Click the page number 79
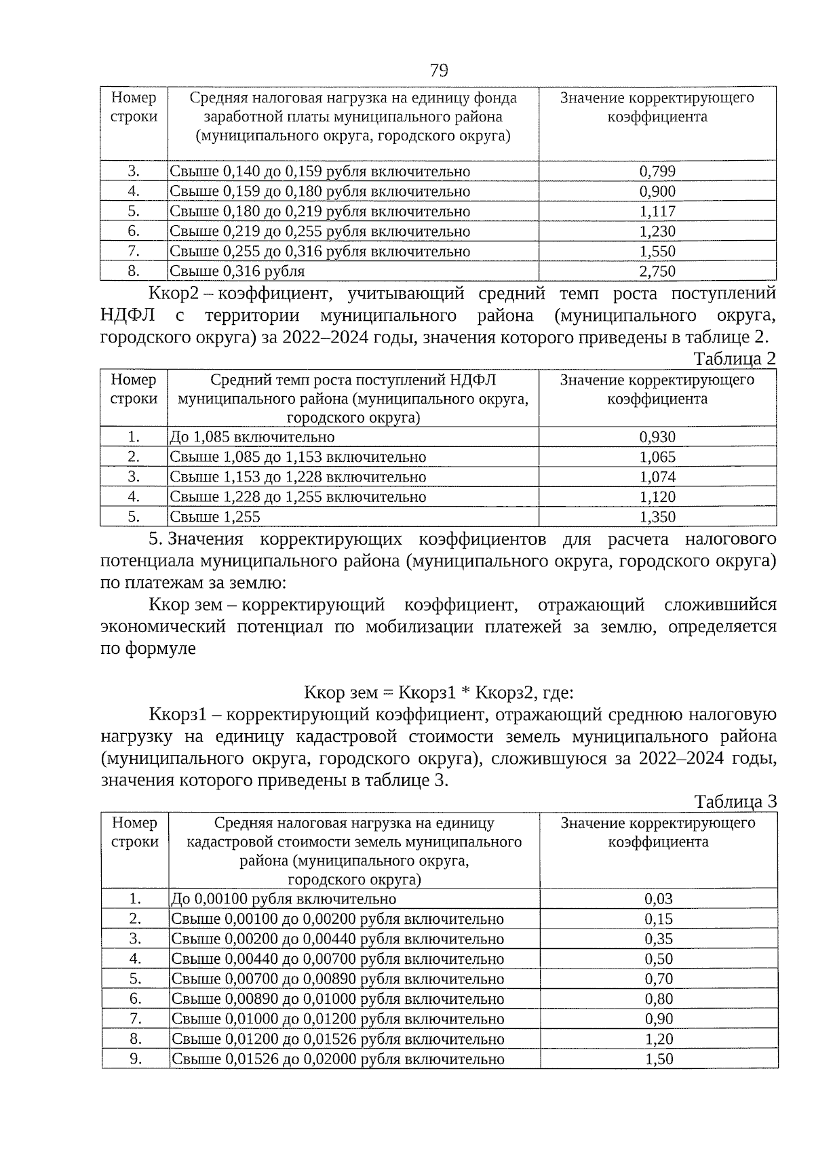point(439,70)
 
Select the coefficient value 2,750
point(657,271)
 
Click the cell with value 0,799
point(657,172)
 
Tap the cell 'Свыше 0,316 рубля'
point(237,271)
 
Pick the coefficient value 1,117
point(657,212)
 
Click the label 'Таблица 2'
point(734,358)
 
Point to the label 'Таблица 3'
point(735,802)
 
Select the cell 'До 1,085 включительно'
point(252,437)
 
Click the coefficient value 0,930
point(657,437)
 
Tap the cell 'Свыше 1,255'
point(214,518)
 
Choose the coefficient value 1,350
point(657,518)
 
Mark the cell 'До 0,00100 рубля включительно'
point(284,899)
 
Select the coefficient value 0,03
point(658,899)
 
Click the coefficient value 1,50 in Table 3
point(658,1059)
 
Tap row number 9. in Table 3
point(135,1059)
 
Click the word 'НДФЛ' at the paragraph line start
point(128,315)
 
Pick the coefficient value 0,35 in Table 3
point(658,939)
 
